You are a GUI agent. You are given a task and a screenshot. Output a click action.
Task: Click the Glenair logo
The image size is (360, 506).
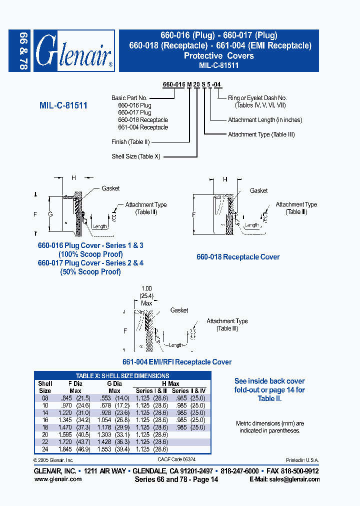pyautogui.click(x=75, y=50)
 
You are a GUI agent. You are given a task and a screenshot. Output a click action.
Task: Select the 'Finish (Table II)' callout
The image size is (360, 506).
pyautogui.click(x=133, y=142)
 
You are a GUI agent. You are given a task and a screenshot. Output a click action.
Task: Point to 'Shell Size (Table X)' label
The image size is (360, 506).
pyautogui.click(x=136, y=156)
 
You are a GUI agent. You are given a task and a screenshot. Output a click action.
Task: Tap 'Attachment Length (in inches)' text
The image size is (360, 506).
pyautogui.click(x=265, y=120)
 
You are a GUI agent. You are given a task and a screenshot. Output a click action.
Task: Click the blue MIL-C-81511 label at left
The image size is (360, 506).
pyautogui.click(x=63, y=106)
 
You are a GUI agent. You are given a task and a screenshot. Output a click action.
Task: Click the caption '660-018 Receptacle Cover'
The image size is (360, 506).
pyautogui.click(x=238, y=257)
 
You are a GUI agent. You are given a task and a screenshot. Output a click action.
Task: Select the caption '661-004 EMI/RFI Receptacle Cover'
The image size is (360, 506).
pyautogui.click(x=177, y=362)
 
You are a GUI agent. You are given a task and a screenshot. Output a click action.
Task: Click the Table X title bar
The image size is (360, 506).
pyautogui.click(x=122, y=375)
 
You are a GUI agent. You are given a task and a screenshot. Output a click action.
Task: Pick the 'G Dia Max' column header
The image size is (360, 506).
pyautogui.click(x=114, y=387)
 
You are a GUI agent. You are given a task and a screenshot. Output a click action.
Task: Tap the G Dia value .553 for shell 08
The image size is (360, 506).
pyautogui.click(x=108, y=398)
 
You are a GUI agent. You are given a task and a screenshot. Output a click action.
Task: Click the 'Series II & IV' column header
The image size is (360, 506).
pyautogui.click(x=188, y=390)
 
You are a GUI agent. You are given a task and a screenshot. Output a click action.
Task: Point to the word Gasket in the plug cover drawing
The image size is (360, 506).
pyautogui.click(x=110, y=188)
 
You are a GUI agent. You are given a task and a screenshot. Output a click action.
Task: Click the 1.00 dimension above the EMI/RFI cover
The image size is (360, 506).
pyautogui.click(x=146, y=288)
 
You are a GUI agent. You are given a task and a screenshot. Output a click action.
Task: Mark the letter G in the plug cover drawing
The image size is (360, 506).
pyautogui.click(x=50, y=214)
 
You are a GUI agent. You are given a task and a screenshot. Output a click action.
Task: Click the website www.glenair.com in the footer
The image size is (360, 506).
pyautogui.click(x=58, y=479)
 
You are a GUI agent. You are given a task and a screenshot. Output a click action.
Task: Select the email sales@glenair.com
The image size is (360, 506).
pyautogui.click(x=298, y=479)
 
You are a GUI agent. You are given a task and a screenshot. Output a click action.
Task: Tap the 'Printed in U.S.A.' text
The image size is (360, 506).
pyautogui.click(x=302, y=460)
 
